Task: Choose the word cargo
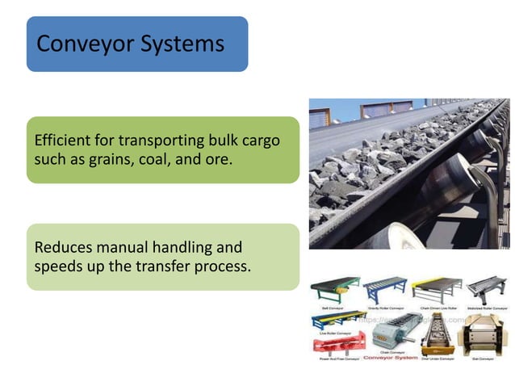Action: point(260,141)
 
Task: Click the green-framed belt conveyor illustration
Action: point(333,289)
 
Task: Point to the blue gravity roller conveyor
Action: point(383,289)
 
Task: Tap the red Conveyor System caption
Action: point(390,357)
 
